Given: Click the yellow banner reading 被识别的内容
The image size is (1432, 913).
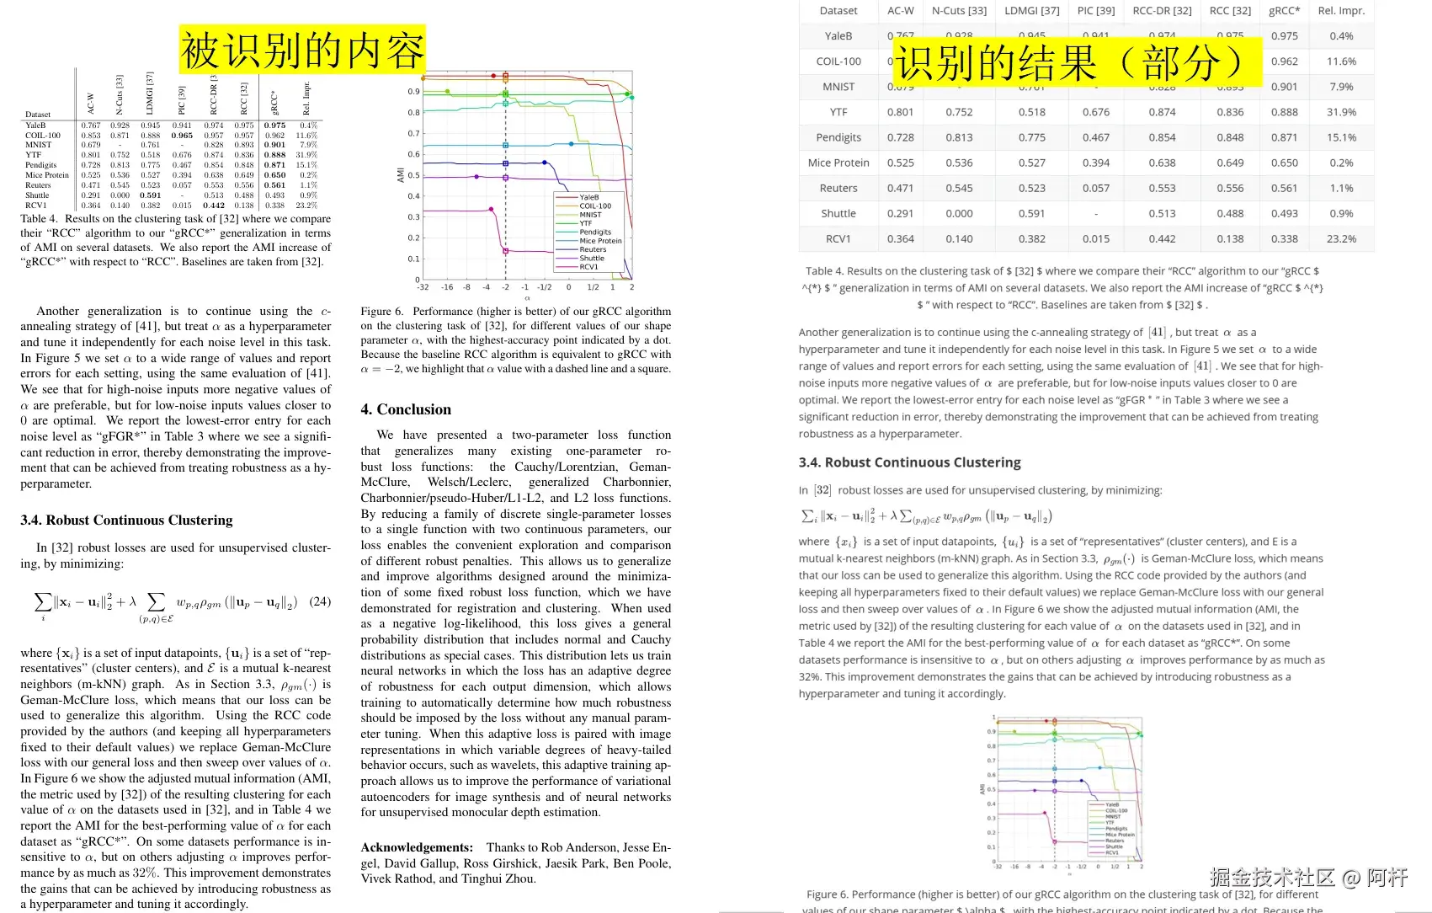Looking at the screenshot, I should click(x=302, y=50).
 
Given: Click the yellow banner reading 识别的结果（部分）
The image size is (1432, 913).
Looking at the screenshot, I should click(x=1077, y=62).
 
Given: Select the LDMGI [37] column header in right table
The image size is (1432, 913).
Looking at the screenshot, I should click(x=1031, y=11).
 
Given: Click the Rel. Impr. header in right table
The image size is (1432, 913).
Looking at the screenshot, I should click(x=1341, y=11).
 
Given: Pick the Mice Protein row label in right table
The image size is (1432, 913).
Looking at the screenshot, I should click(x=838, y=163).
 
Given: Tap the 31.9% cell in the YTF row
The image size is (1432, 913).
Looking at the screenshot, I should click(x=1341, y=112).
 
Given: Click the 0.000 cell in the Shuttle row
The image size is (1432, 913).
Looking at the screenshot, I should click(x=959, y=213).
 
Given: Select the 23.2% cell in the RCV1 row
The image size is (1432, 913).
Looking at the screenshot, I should click(x=1341, y=238).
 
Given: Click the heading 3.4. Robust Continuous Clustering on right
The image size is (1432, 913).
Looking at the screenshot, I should click(x=909, y=462).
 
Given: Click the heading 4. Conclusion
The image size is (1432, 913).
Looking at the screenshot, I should click(x=406, y=409).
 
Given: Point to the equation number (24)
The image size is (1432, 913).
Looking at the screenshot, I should click(x=320, y=601).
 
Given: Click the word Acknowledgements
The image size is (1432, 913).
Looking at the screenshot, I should click(x=416, y=847).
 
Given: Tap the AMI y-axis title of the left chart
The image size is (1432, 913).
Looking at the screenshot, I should click(x=401, y=174).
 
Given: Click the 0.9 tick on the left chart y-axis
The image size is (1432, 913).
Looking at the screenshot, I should click(x=413, y=92).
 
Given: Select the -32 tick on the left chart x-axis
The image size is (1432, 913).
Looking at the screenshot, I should click(x=423, y=287).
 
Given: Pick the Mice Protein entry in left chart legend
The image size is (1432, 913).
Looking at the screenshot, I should click(x=600, y=241).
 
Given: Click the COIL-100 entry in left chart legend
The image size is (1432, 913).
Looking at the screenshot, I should click(x=595, y=206).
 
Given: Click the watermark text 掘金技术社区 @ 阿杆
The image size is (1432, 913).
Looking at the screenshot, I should click(x=1308, y=878).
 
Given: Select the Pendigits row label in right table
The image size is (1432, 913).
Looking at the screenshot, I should click(x=838, y=137).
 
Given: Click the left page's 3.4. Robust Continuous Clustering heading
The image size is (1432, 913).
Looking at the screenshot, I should click(x=126, y=521).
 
